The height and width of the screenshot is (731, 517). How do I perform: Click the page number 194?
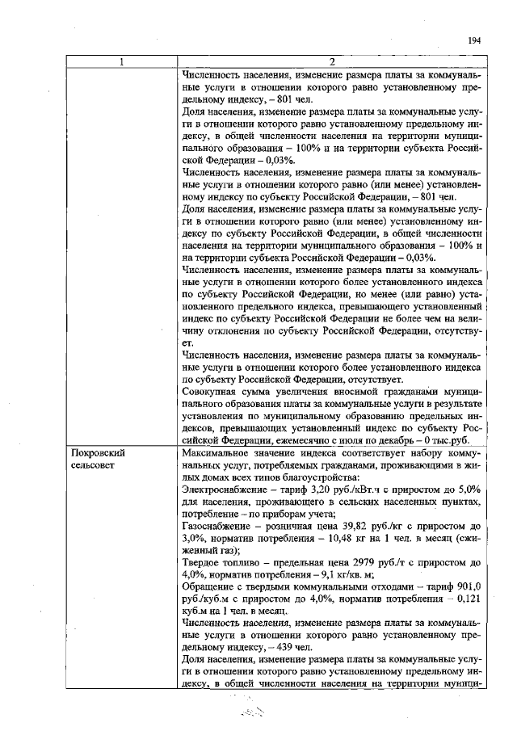coord(474,40)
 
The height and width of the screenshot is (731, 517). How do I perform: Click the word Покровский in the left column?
coord(98,453)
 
